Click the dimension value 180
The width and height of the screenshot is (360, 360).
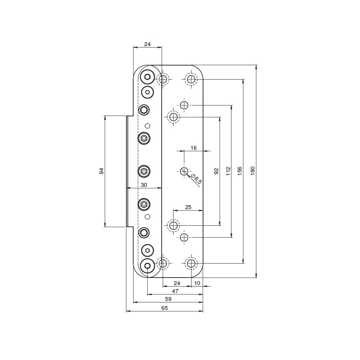pos(253,171)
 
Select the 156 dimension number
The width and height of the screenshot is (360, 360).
pos(239,171)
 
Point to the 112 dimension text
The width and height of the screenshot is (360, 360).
pos(228,171)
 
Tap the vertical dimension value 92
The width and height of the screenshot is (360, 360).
pos(216,171)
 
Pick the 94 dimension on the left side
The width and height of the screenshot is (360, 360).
pos(102,171)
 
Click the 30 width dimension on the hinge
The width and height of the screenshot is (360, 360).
pos(144,185)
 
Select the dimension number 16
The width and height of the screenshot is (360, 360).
pos(194,148)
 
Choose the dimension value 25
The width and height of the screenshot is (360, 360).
pos(188,207)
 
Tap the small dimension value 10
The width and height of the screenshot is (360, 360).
pos(197,283)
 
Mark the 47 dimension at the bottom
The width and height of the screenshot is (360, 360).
pos(175,291)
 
